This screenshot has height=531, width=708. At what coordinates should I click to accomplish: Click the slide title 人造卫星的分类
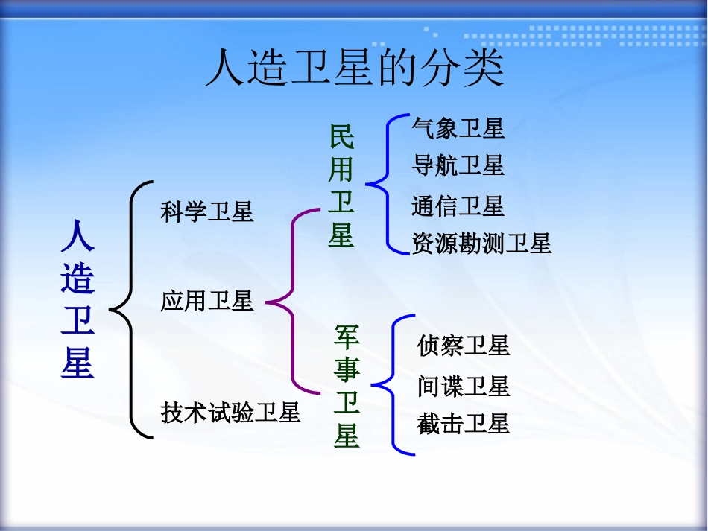coord(354,69)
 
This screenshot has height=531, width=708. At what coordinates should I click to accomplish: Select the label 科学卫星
coord(207,212)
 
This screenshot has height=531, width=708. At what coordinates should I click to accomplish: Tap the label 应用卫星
coord(207,301)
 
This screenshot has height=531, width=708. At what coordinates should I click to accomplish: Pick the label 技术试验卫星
coord(230,412)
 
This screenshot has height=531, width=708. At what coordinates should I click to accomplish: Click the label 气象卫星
coord(458,129)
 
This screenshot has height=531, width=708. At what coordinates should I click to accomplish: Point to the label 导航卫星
coord(458,165)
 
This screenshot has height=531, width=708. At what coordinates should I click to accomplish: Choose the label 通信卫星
coord(458,206)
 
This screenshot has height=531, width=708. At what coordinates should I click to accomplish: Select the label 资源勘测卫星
coord(481,244)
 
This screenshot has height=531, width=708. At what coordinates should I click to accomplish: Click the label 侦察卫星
coord(464,346)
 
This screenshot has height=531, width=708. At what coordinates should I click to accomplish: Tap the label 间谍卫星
coord(464,387)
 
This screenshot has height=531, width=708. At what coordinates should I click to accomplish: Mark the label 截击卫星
coord(464,424)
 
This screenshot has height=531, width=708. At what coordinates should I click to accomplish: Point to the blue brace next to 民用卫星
coord(383,183)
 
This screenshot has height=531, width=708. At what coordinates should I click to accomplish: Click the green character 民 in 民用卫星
coord(341,137)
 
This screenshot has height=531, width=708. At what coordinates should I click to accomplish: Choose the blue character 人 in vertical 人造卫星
coord(78,237)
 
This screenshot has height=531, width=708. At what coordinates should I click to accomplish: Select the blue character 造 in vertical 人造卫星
coord(78,279)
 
